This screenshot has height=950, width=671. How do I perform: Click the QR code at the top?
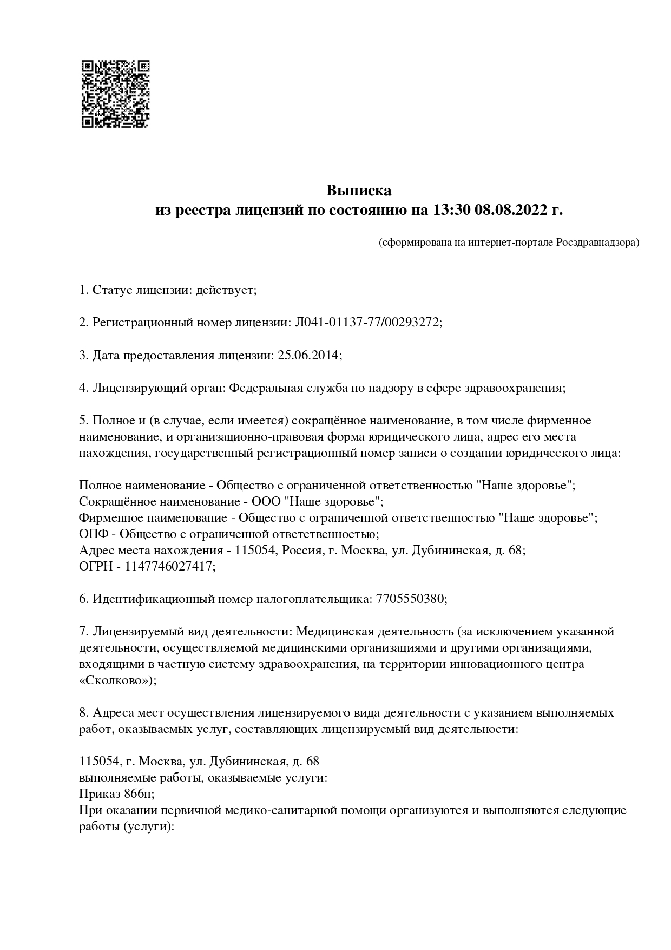pyautogui.click(x=115, y=94)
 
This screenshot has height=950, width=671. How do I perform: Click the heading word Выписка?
pyautogui.click(x=358, y=191)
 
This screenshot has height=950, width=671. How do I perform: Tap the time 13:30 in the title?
pyautogui.click(x=451, y=210)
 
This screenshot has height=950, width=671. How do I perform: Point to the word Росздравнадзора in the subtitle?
pyautogui.click(x=597, y=243)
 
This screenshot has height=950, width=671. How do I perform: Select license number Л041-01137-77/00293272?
pyautogui.click(x=367, y=323)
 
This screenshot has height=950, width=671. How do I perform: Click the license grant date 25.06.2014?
pyautogui.click(x=308, y=355)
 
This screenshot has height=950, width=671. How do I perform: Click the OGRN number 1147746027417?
pyautogui.click(x=169, y=566)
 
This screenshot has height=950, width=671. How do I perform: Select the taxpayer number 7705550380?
pyautogui.click(x=410, y=599)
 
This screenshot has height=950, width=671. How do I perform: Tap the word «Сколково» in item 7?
pyautogui.click(x=116, y=680)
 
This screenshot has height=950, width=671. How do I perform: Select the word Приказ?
pyautogui.click(x=96, y=794)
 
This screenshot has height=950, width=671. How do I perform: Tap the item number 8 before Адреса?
pyautogui.click(x=83, y=712)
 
